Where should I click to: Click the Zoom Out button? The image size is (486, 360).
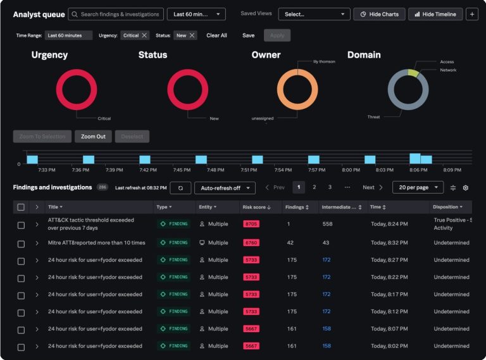point(93,136)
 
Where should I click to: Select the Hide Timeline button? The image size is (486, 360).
point(435,15)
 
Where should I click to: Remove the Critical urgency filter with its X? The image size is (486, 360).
point(144,35)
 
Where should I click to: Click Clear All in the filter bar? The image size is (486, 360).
point(216,35)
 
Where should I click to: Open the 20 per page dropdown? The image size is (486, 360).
point(418,187)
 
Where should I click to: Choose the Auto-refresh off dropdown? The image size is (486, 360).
point(225,188)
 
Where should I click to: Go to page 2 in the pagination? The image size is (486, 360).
point(314,187)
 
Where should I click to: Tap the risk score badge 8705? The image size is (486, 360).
point(251,224)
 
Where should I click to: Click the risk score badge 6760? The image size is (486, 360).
point(251,242)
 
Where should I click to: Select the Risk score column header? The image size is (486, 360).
point(257,207)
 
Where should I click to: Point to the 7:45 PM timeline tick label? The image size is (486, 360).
point(182,170)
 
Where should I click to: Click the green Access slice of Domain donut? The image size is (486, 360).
point(413,73)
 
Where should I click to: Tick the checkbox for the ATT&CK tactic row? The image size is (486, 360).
point(21,225)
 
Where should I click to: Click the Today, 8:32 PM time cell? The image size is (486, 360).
point(389,242)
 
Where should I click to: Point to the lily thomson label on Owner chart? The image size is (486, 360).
point(324,61)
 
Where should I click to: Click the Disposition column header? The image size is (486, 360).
point(447,207)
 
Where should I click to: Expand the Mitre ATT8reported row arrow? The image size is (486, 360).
point(37,243)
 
